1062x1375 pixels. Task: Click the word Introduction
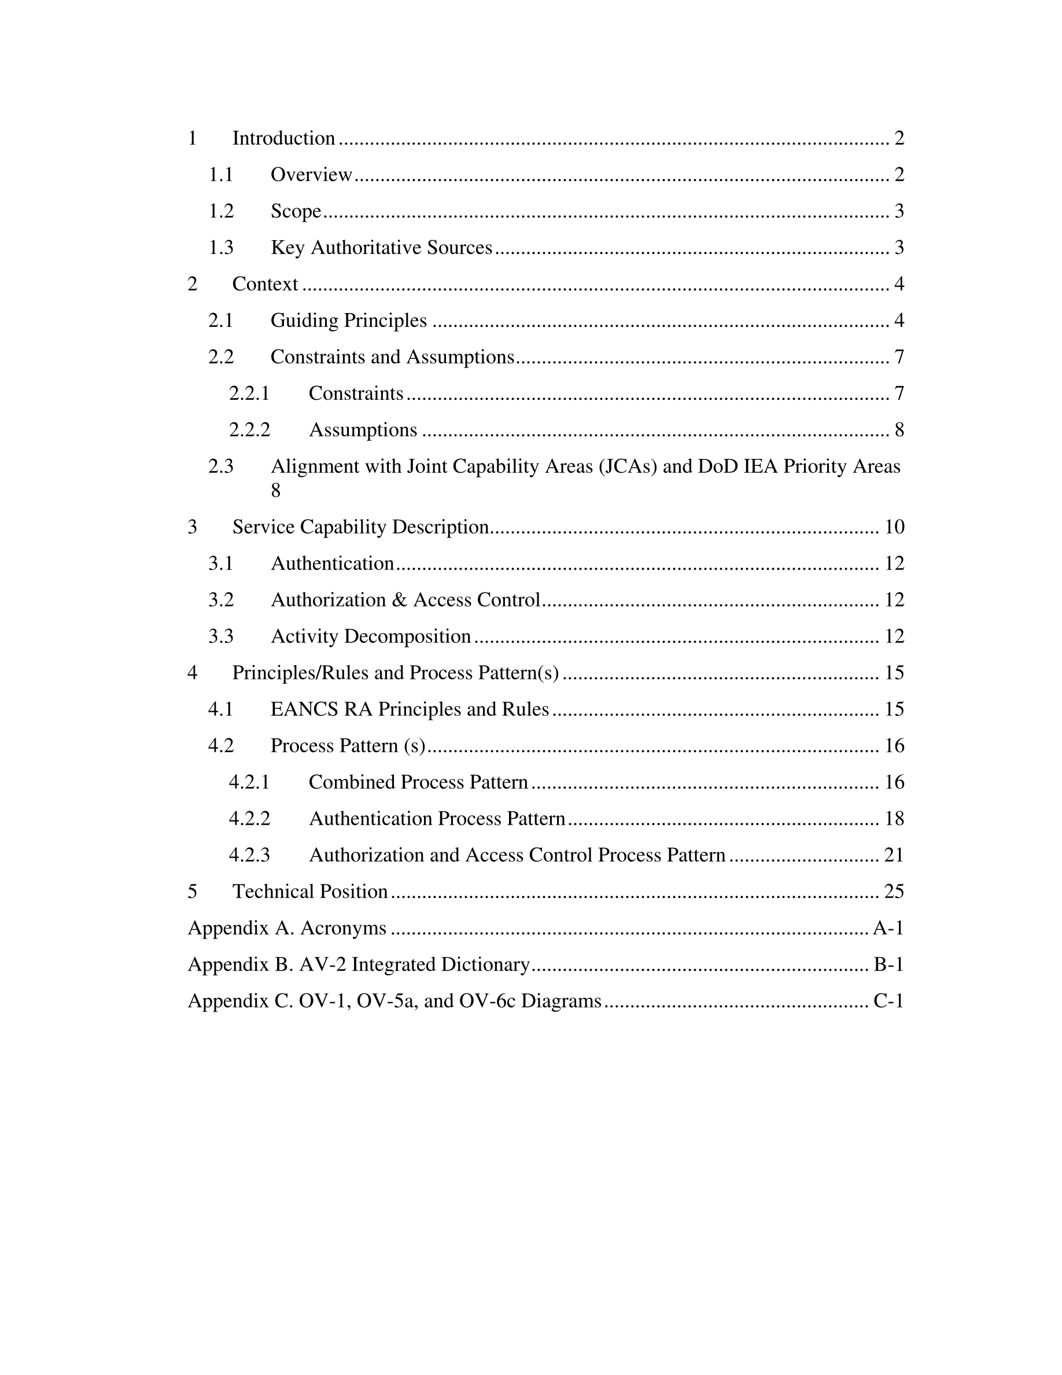[283, 138]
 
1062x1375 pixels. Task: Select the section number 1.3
[221, 248]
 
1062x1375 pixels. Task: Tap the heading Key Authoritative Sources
[381, 248]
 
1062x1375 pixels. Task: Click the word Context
[265, 285]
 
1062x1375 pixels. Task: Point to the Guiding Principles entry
[349, 321]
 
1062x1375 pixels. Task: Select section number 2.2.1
[249, 394]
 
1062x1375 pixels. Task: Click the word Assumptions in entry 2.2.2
[363, 431]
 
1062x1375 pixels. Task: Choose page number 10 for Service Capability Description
[894, 528]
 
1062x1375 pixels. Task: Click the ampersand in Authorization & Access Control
[400, 601]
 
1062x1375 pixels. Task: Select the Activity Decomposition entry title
[371, 637]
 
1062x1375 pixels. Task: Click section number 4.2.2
[249, 819]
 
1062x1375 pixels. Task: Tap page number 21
[894, 855]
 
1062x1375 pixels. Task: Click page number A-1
[888, 929]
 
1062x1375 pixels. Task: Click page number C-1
[888, 1002]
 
